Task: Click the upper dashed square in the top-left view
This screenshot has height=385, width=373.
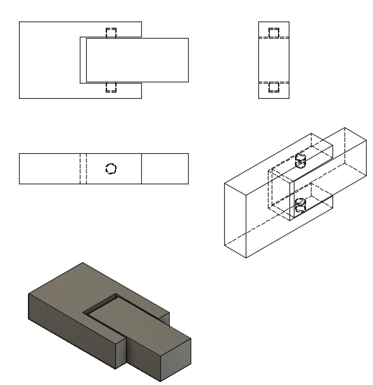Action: click(111, 33)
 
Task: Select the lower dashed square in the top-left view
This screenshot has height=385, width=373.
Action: click(111, 87)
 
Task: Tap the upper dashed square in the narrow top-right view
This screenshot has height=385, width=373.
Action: click(274, 34)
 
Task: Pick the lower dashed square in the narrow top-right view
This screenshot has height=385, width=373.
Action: click(274, 87)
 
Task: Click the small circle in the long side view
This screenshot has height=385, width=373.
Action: click(111, 168)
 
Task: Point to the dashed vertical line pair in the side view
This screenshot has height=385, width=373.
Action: click(82, 168)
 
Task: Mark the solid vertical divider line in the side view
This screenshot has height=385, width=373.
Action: click(141, 168)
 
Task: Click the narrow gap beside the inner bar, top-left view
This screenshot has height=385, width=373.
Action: click(83, 60)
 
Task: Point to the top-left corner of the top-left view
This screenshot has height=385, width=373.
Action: click(20, 22)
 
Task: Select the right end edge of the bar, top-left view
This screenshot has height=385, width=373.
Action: click(188, 60)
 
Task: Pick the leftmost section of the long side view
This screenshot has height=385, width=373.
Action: click(49, 168)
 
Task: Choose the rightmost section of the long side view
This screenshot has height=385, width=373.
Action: click(165, 168)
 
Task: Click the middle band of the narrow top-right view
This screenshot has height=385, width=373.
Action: click(274, 60)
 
